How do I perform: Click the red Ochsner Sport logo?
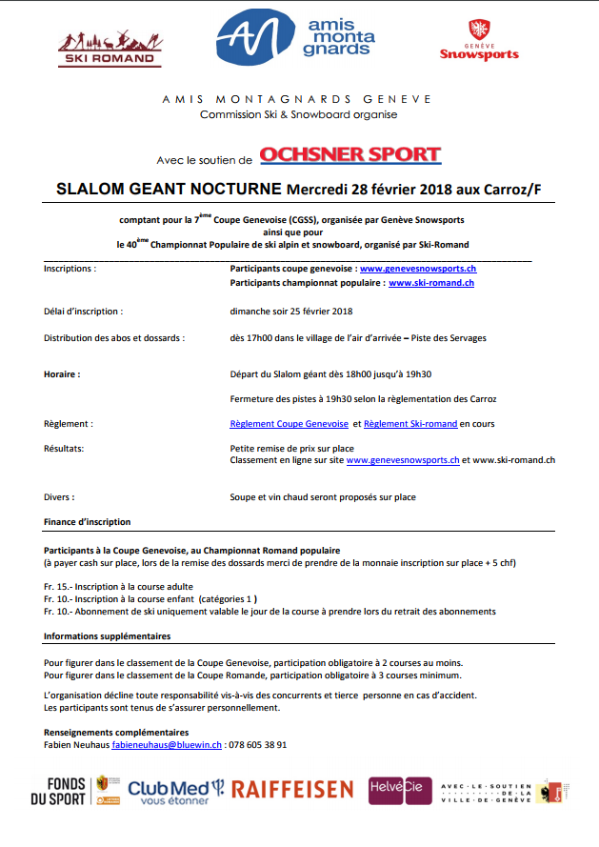[349, 154]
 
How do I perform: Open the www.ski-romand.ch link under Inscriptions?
[431, 283]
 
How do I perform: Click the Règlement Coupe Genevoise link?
[290, 423]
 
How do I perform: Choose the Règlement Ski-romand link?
[410, 423]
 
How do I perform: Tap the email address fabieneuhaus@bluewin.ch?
[167, 745]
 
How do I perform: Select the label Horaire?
[61, 374]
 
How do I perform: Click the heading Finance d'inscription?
[88, 522]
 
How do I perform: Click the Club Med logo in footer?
[176, 790]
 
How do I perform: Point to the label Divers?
[59, 497]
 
